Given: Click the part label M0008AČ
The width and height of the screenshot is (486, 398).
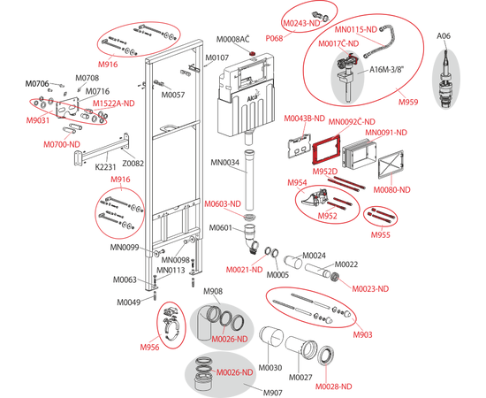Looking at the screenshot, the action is tap(232, 40).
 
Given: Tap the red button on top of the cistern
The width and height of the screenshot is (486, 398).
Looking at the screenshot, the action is tap(254, 54).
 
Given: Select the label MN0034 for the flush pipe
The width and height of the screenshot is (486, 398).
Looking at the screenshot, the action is tap(225, 162).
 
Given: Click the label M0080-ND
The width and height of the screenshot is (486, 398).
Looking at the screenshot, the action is tap(391, 189).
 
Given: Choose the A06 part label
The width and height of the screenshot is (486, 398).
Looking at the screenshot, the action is tap(444, 36).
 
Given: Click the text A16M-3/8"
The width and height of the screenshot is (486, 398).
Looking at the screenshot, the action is tap(387, 70).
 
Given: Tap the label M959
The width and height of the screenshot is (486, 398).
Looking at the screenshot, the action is tap(408, 102).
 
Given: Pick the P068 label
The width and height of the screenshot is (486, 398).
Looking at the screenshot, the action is tap(274, 38).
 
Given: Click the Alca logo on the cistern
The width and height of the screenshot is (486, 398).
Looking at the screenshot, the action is tap(254, 99).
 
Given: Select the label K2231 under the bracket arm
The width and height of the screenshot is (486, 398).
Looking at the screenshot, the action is tap(105, 167).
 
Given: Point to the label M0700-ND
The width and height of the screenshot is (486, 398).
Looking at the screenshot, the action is tap(62, 144).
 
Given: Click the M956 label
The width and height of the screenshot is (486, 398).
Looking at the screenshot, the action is tap(149, 347).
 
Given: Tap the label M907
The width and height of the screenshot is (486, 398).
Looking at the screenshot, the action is tap(273, 393).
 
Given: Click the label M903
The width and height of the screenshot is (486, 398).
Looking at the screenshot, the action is tap(362, 334).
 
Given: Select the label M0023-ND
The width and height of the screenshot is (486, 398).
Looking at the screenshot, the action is tap(370, 288).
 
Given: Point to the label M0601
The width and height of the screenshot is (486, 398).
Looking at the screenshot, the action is tap(220, 227).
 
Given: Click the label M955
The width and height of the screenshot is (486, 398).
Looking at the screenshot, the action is tap(380, 235).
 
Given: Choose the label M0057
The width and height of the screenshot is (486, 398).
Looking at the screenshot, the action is tap(172, 95).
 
